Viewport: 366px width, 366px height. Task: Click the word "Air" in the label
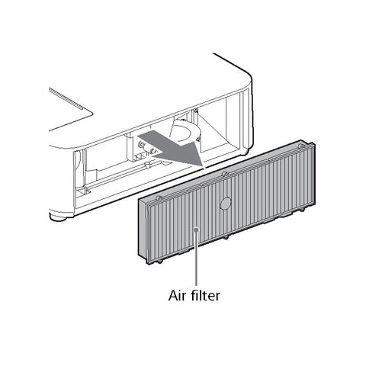[177, 296]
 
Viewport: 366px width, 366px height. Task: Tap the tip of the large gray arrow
[204, 168]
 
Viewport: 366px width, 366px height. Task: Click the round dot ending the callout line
[196, 230]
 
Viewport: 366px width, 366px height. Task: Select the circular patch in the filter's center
[225, 204]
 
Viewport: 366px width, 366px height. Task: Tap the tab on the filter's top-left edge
[159, 197]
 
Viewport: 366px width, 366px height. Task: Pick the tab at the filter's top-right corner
[301, 146]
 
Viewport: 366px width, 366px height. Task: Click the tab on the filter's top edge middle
[224, 174]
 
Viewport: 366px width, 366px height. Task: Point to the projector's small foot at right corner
[246, 152]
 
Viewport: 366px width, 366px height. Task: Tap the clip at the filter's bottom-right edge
[301, 209]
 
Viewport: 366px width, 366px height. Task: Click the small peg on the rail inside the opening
[146, 165]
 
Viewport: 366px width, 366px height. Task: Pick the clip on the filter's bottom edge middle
[225, 237]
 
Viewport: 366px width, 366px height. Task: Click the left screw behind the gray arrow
[140, 145]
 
